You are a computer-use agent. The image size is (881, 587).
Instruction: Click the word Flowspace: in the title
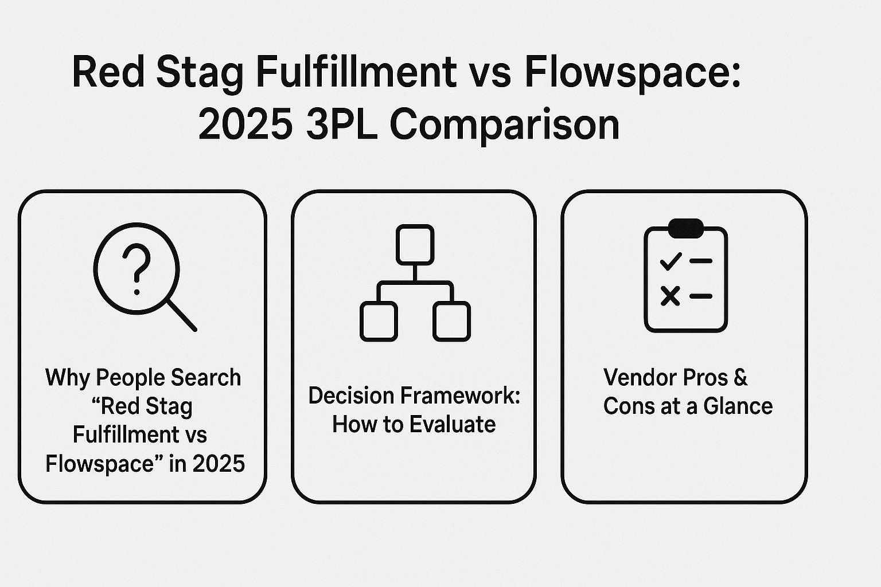(x=633, y=73)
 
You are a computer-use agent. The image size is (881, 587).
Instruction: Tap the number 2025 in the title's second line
(x=245, y=124)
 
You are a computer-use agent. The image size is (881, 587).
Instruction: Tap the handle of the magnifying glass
(x=182, y=316)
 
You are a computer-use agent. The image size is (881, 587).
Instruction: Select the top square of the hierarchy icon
(x=415, y=245)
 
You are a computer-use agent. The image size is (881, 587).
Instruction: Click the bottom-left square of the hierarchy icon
(x=379, y=321)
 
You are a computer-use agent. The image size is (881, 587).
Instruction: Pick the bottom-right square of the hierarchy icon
(x=451, y=321)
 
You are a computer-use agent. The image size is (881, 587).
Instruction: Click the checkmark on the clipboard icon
(x=671, y=261)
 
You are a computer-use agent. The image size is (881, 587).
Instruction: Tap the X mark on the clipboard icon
(x=670, y=296)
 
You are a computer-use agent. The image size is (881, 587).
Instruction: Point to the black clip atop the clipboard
(x=686, y=228)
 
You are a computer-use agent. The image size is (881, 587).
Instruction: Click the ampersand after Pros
(x=740, y=377)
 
